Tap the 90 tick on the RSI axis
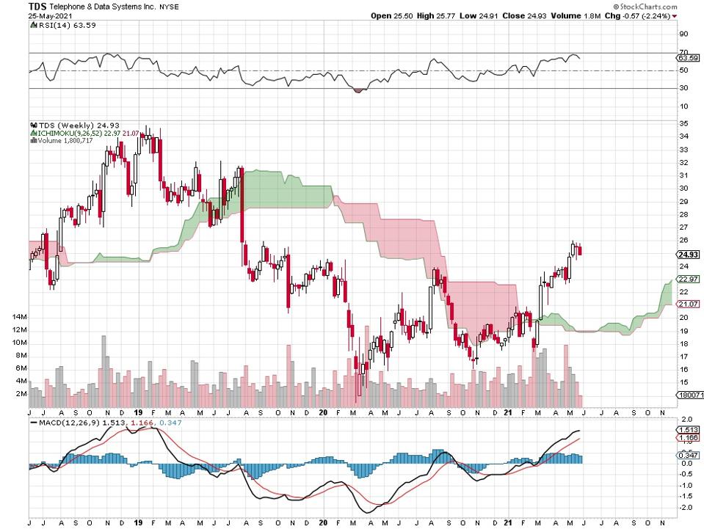pyautogui.click(x=683, y=34)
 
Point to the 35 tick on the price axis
pyautogui.click(x=683, y=123)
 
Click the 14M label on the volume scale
pyautogui.click(x=16, y=317)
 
